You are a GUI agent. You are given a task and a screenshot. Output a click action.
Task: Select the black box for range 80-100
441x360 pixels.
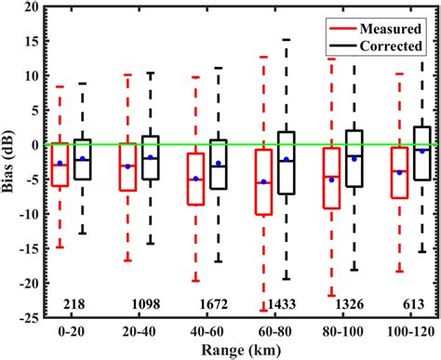(354, 158)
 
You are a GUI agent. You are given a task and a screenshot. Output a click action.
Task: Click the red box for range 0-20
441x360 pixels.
(60, 165)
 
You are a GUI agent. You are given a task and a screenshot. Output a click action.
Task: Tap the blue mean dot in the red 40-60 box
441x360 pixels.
(195, 179)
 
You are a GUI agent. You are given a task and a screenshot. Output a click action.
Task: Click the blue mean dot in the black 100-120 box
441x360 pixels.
(421, 151)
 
